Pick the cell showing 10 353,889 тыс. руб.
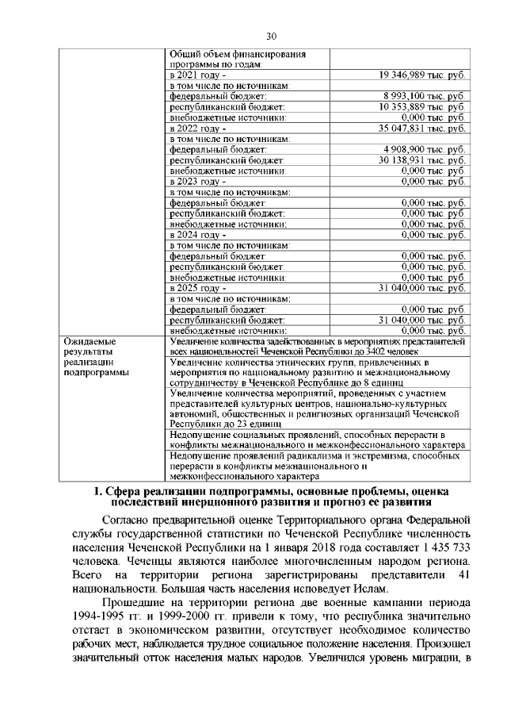coord(422,106)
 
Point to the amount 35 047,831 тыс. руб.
coord(422,127)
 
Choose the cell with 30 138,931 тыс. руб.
coord(422,159)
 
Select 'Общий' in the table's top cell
coord(185,54)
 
